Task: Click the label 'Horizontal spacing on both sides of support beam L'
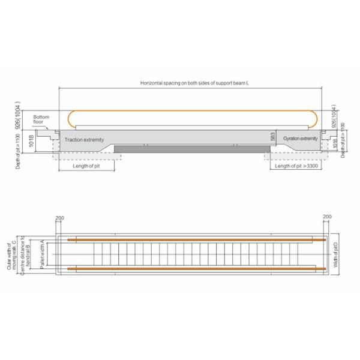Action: [190, 83]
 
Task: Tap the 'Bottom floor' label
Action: [41, 119]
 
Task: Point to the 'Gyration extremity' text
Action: [300, 139]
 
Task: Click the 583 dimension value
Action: [272, 137]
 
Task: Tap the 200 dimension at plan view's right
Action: [326, 217]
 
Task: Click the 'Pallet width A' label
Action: [42, 253]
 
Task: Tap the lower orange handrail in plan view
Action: [192, 266]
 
